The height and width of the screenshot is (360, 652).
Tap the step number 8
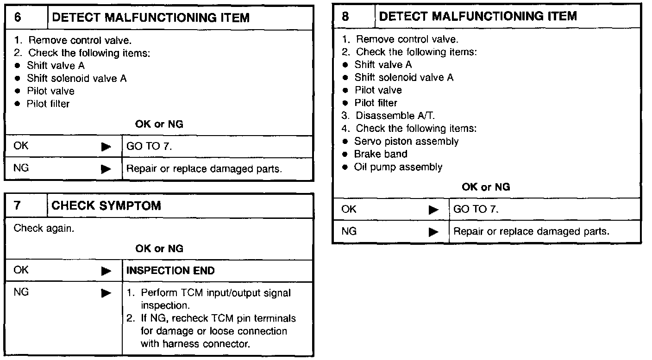click(345, 17)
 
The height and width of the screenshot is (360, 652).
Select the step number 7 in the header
click(18, 205)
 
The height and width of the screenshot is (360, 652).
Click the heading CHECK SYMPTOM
click(107, 205)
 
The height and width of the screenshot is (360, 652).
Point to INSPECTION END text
click(170, 271)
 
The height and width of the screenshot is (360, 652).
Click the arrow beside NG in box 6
click(107, 169)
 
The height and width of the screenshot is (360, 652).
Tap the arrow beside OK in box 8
click(433, 210)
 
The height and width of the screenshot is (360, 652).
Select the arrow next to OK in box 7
click(107, 271)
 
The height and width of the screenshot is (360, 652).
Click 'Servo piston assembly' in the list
click(406, 141)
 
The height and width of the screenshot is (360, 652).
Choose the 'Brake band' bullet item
click(380, 154)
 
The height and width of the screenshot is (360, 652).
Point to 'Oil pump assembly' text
click(398, 167)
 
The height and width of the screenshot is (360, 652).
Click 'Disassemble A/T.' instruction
click(395, 116)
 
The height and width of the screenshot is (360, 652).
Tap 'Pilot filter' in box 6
click(48, 104)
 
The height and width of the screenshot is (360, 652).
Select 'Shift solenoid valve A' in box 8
click(404, 77)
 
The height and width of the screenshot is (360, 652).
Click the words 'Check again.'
click(44, 228)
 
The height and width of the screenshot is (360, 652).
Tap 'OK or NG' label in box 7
click(159, 249)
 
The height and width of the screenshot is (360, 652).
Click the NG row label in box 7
click(21, 292)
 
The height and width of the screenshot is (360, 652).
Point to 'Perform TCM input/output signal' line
click(216, 293)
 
